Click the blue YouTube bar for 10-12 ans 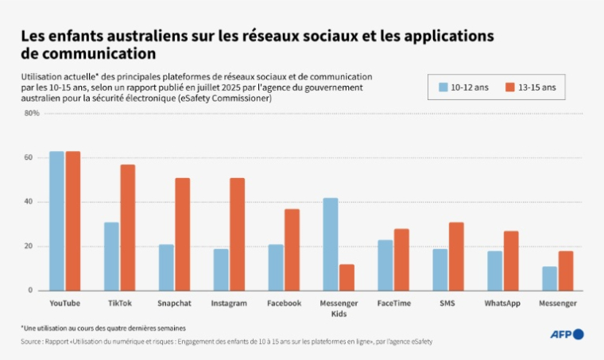point(56,221)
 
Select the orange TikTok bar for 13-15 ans point(128,227)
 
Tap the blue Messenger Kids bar point(331,244)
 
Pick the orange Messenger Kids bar point(347,277)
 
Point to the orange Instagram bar point(238,234)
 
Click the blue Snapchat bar point(166,267)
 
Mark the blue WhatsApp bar point(495,271)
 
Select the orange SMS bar point(456,256)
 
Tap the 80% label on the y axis point(32,113)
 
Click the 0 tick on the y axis point(30,291)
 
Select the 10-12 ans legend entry point(465,87)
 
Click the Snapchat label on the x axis point(174,304)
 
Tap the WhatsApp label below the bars point(503,304)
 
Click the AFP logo point(566,334)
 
